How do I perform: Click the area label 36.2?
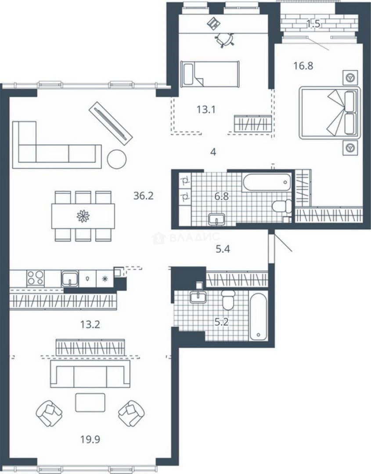(144, 196)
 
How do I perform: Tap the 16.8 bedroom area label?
(303, 65)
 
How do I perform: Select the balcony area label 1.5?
(313, 24)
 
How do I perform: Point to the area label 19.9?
(90, 439)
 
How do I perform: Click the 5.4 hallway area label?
(223, 249)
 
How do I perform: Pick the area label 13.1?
(206, 109)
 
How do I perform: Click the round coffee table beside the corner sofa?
(117, 159)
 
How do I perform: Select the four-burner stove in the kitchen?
(36, 278)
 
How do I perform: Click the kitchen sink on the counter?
(70, 278)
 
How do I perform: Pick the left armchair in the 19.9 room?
(49, 413)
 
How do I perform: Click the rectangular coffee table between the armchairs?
(90, 402)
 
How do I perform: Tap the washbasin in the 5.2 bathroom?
(198, 297)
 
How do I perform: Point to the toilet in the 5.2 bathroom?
(228, 300)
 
